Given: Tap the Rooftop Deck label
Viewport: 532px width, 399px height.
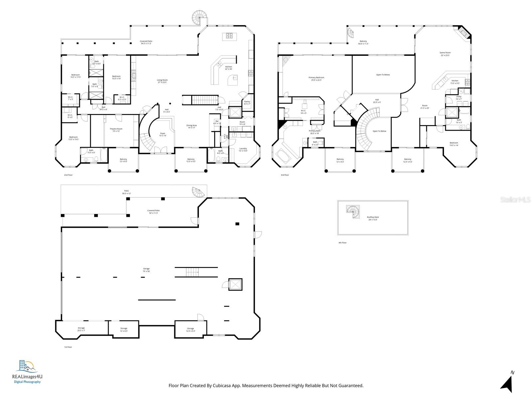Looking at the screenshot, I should click(373, 218).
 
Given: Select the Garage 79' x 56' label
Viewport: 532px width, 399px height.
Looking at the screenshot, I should click(146, 270).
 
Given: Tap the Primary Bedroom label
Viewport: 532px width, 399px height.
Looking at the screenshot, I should click(316, 78).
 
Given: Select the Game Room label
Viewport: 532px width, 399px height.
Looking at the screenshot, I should click(445, 54).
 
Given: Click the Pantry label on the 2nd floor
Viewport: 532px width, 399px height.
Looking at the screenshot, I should click(247, 103).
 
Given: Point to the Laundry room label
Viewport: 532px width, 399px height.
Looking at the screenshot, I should click(243, 149).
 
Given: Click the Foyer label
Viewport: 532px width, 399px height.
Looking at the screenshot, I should click(163, 134).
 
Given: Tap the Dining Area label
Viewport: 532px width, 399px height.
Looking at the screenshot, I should click(192, 126).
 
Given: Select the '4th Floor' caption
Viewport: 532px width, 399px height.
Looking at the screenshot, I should click(342, 243).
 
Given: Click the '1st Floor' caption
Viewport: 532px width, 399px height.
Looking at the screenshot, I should click(68, 347).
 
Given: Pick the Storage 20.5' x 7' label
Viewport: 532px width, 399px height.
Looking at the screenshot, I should click(81, 329).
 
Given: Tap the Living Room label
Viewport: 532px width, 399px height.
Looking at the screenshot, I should click(162, 81).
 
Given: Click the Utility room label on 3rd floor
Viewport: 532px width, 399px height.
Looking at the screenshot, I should click(459, 98).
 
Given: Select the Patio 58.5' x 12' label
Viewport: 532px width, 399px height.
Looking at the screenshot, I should click(126, 192).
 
